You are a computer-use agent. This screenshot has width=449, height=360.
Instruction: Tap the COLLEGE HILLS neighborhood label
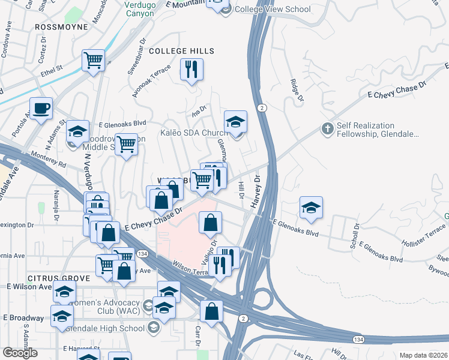pos(181,52)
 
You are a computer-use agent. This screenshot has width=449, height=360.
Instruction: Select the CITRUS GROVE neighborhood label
pos(58,278)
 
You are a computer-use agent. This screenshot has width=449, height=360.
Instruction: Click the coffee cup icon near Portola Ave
pos(41,109)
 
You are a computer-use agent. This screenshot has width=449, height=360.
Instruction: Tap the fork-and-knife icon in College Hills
pos(191,70)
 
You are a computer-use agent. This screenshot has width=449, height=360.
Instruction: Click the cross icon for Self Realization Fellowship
pos(327,128)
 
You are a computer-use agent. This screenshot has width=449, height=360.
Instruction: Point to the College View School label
pos(273,9)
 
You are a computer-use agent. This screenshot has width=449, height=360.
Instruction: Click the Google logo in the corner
pos(20,353)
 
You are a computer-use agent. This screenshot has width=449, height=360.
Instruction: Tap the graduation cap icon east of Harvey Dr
pos(311,208)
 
